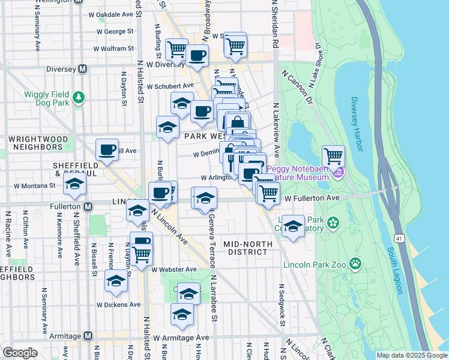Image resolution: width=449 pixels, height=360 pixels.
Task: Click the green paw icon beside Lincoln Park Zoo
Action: (356, 262)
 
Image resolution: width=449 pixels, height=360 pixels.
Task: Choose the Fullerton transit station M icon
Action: (88, 206)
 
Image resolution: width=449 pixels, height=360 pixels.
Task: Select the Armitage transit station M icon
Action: (88, 336)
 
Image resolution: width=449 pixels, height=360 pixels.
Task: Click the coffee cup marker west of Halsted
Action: (107, 149)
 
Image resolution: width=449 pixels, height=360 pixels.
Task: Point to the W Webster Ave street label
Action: (174, 270)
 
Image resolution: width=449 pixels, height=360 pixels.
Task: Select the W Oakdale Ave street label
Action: (110, 14)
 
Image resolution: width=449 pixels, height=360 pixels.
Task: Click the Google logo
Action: (20, 353)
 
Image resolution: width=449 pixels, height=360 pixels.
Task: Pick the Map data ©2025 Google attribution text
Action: (411, 355)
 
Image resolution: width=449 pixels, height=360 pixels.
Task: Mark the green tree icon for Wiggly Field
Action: (77, 97)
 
